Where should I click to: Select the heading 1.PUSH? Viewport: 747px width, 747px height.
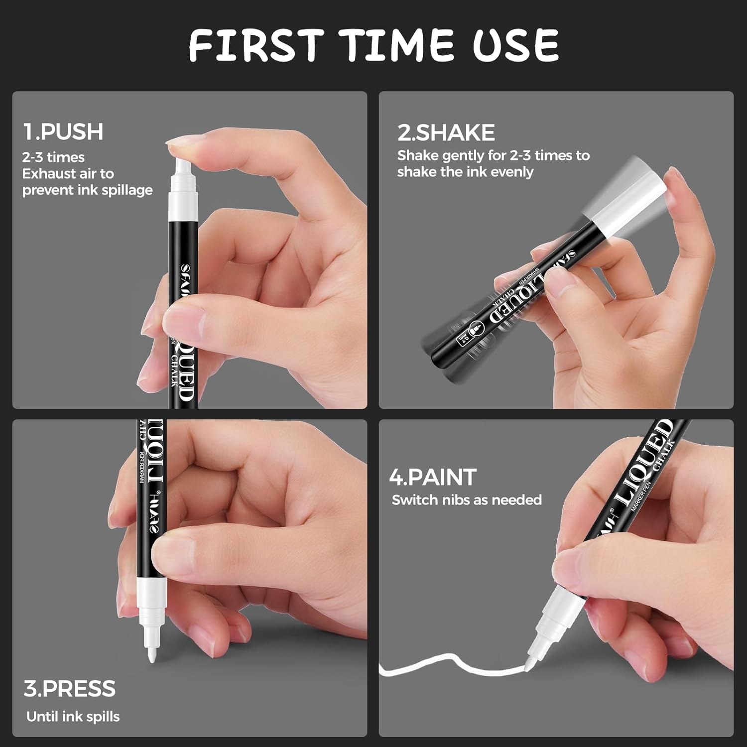coord(63,131)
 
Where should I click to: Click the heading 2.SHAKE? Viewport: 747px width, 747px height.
coord(446,132)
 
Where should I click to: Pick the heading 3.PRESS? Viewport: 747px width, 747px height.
coord(69,689)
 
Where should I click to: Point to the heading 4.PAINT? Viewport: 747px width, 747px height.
coord(433,477)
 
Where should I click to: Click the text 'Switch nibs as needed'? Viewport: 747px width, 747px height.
coord(467,500)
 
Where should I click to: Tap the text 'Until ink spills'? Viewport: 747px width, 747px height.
coord(73,717)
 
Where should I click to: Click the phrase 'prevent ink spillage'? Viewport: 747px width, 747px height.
coord(87,190)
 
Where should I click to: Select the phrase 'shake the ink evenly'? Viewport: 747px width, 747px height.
coord(465,172)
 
